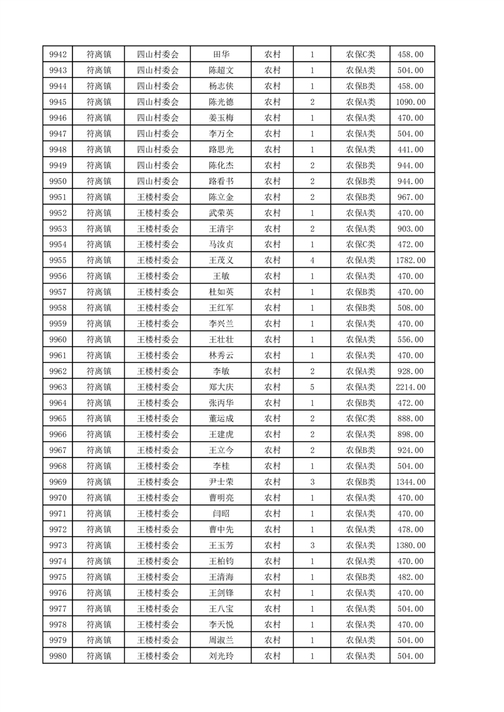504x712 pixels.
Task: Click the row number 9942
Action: pyautogui.click(x=58, y=54)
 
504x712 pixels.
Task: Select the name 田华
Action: pyautogui.click(x=221, y=54)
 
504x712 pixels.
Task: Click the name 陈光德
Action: pyautogui.click(x=221, y=102)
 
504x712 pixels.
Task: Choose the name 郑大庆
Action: pyautogui.click(x=221, y=387)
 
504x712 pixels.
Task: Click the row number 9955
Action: pyautogui.click(x=58, y=260)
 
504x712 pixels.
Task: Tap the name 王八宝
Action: pyautogui.click(x=221, y=609)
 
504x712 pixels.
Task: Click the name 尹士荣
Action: pyautogui.click(x=221, y=482)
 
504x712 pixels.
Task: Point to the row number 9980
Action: pyautogui.click(x=58, y=657)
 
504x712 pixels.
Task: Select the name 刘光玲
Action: pyautogui.click(x=221, y=657)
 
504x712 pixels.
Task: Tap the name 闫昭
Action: pyautogui.click(x=221, y=514)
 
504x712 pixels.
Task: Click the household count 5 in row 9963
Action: pyautogui.click(x=312, y=387)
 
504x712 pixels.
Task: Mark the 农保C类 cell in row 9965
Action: pyautogui.click(x=360, y=419)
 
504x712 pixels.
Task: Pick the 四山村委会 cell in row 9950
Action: pyautogui.click(x=158, y=181)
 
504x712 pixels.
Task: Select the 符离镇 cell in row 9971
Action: pyautogui.click(x=99, y=514)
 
